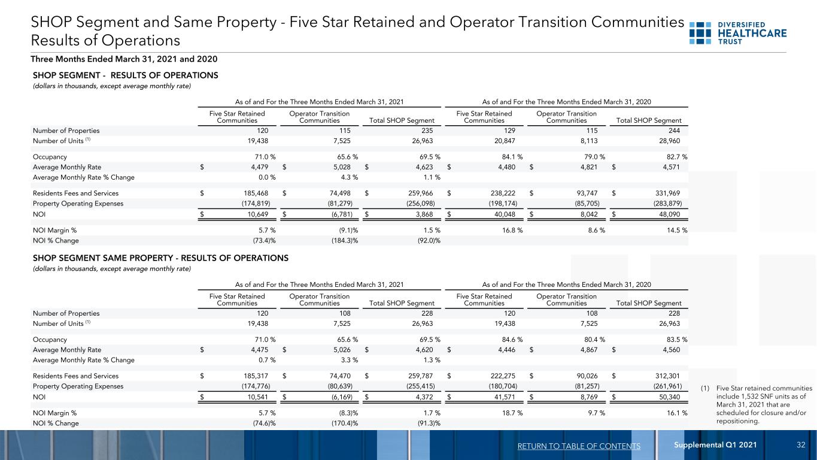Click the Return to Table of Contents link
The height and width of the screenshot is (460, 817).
579,446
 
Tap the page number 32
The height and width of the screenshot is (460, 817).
801,444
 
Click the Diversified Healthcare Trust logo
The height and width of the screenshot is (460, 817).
738,33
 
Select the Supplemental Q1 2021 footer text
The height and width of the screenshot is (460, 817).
715,444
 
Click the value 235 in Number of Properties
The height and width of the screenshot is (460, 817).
427,131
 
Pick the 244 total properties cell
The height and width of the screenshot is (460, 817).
674,131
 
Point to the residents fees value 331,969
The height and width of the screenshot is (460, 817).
668,193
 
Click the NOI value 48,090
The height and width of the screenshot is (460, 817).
669,214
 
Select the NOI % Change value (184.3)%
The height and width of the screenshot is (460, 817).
345,241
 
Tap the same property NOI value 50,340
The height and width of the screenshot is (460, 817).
669,397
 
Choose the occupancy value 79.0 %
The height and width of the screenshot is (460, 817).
594,157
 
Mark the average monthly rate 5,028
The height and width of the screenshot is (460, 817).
342,167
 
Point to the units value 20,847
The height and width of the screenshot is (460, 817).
505,141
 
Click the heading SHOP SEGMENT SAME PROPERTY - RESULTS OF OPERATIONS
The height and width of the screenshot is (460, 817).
160,258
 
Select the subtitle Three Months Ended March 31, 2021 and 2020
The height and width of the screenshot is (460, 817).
124,59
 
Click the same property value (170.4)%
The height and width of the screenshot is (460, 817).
345,423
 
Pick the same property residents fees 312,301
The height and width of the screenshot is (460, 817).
668,376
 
